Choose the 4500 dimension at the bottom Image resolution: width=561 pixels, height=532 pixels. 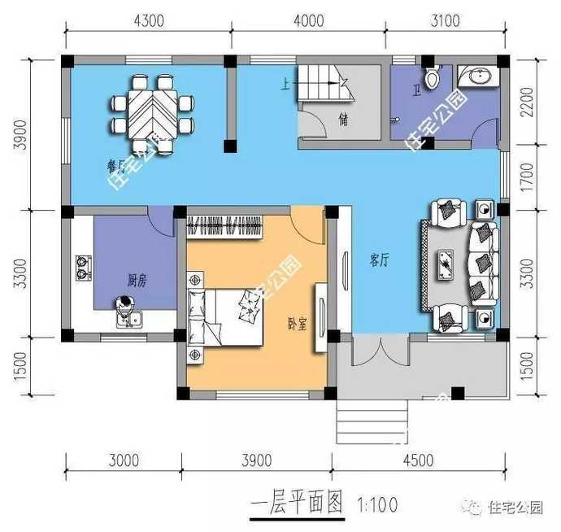pos(417,460)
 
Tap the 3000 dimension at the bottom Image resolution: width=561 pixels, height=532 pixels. pos(124,460)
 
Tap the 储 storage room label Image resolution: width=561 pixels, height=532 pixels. pos(344,121)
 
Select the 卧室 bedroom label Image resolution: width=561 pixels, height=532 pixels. pos(298,323)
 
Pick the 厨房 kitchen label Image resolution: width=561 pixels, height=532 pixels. pos(137,281)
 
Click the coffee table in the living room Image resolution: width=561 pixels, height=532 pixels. pos(447,264)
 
